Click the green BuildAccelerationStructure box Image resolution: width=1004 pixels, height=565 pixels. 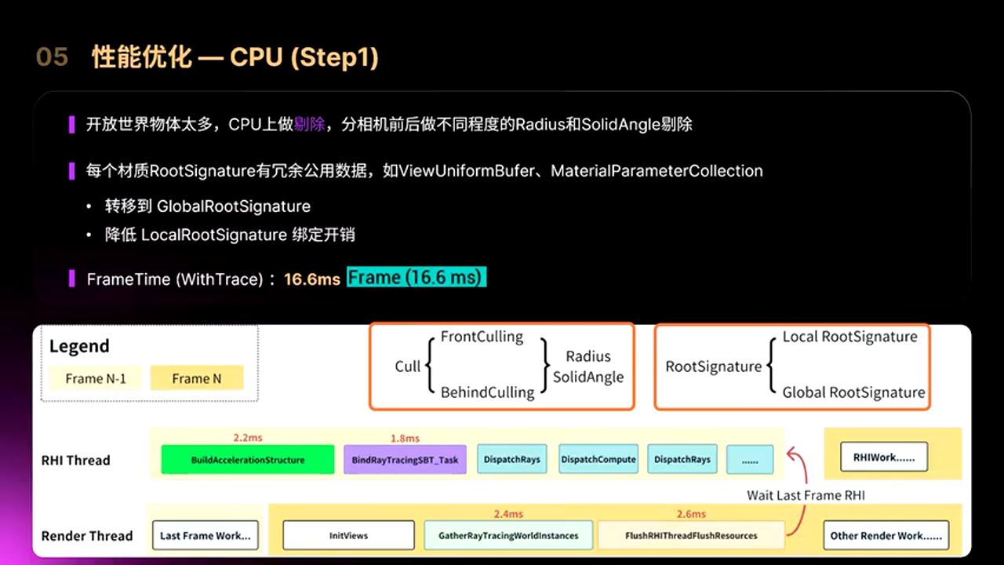tap(248, 460)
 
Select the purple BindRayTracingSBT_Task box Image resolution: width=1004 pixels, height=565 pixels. tap(405, 460)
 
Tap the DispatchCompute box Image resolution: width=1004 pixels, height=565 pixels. tap(598, 460)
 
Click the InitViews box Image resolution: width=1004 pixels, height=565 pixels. tap(348, 536)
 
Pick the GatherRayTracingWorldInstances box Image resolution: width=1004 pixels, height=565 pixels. tap(508, 536)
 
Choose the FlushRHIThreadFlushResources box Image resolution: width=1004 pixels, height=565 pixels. tap(691, 536)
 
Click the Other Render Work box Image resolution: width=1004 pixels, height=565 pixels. tap(886, 536)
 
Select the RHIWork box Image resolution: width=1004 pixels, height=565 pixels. tap(884, 457)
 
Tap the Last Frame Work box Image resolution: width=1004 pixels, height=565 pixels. tap(205, 536)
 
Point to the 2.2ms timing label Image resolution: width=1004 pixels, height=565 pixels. tap(247, 437)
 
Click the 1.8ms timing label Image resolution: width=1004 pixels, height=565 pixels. tap(405, 438)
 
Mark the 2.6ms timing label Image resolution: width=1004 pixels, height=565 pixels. tap(691, 514)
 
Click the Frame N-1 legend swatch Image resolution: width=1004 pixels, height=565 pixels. tap(96, 378)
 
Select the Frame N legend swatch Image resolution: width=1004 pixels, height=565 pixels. tap(197, 378)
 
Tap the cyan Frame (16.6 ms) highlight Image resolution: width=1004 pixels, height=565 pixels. tap(417, 278)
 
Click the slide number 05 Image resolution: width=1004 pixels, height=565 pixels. tap(52, 57)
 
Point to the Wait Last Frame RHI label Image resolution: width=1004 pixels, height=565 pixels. tap(806, 495)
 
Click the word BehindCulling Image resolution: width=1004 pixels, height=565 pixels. tap(487, 392)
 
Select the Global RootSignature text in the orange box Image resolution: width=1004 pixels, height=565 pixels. tap(853, 392)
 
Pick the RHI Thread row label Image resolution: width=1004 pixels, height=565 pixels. tap(75, 461)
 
